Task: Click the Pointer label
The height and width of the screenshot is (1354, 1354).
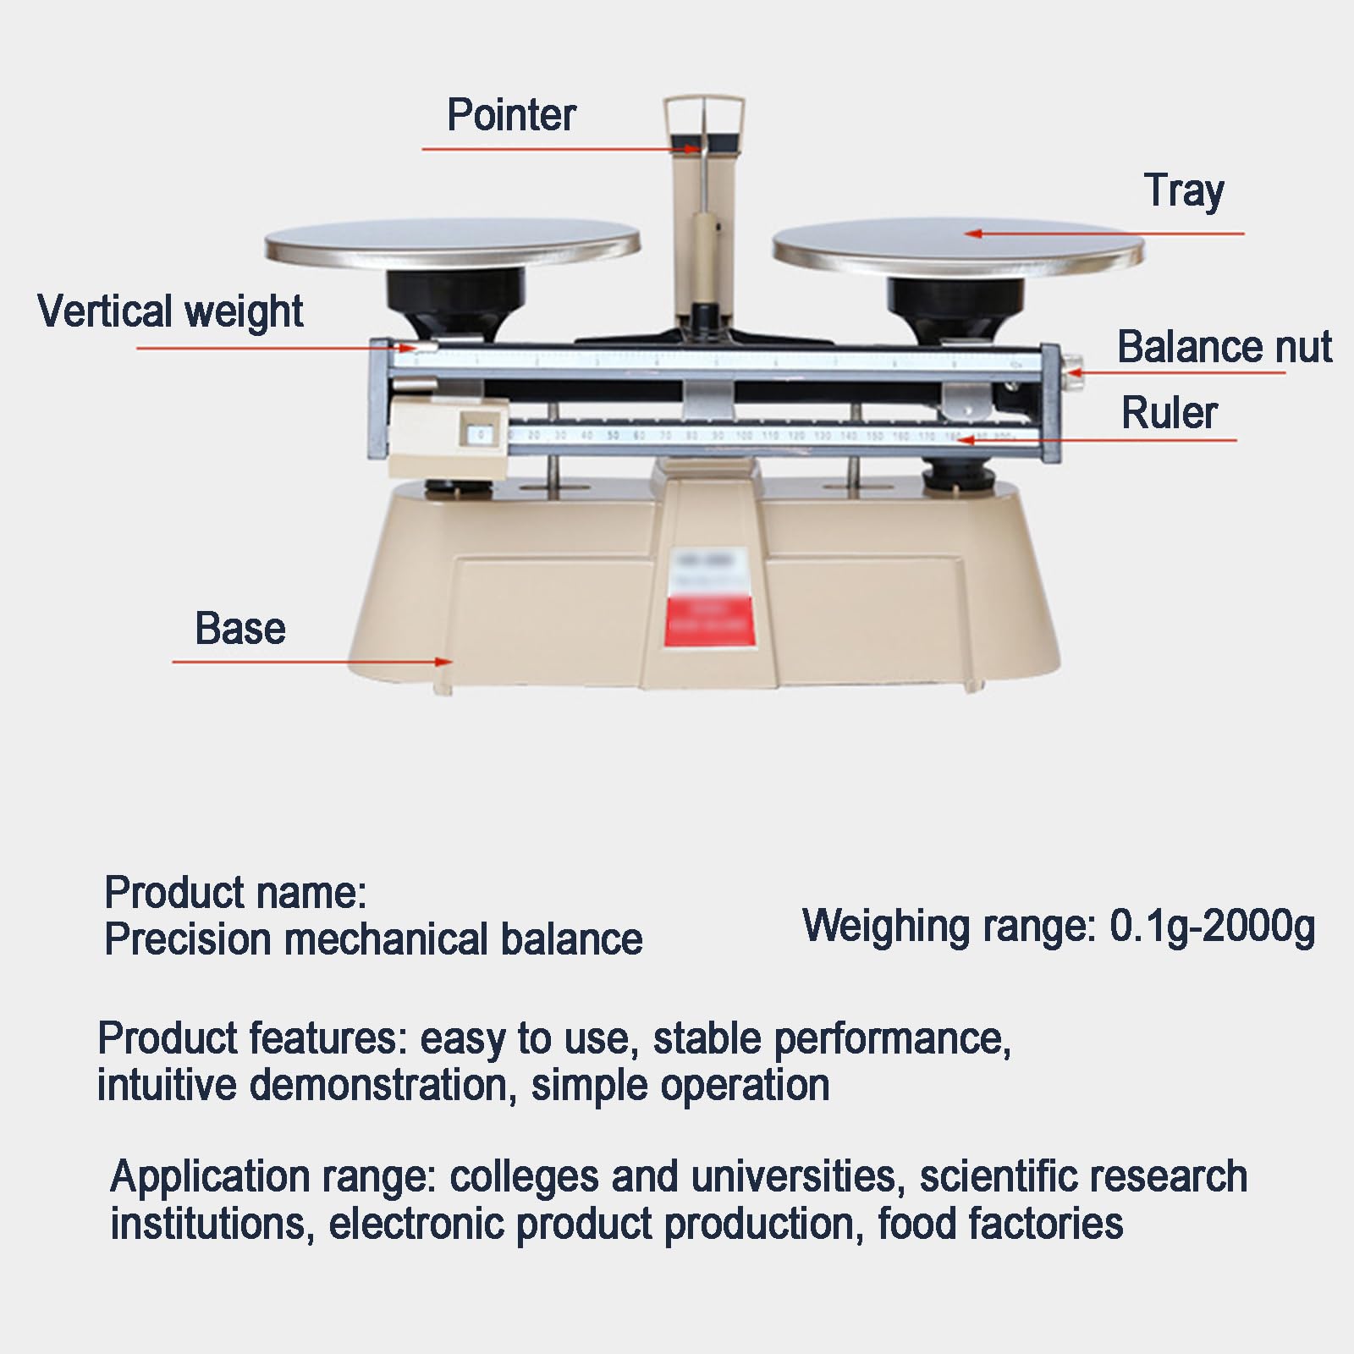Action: click(x=511, y=115)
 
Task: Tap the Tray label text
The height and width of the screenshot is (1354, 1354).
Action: click(x=1183, y=191)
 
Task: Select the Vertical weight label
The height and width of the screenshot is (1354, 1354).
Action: click(x=170, y=311)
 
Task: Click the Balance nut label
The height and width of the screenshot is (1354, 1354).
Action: click(x=1224, y=347)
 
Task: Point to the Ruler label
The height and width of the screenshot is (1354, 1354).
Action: click(x=1169, y=413)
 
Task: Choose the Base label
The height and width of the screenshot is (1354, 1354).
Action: click(x=240, y=629)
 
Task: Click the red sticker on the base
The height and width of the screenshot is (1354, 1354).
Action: click(x=709, y=621)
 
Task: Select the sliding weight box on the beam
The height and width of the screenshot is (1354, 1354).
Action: click(x=448, y=436)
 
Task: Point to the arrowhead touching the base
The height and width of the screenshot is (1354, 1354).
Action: click(x=443, y=662)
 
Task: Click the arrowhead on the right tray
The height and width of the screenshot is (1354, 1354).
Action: click(x=973, y=234)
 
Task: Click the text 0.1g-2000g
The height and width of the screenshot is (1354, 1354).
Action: click(x=1212, y=927)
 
